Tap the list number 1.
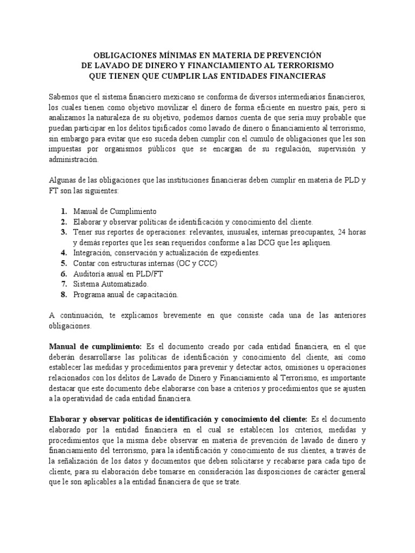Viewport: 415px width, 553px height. click(x=63, y=212)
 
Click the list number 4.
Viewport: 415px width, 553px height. click(x=63, y=253)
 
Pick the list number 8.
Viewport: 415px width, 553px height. click(x=63, y=294)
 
